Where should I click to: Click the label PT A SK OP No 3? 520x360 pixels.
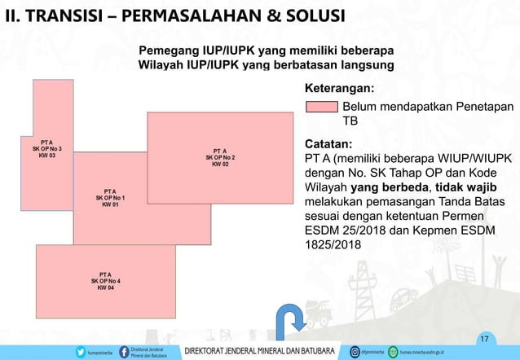46,148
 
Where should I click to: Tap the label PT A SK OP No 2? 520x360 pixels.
219,157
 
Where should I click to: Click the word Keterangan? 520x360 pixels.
339,87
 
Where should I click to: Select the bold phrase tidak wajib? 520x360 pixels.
469,187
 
